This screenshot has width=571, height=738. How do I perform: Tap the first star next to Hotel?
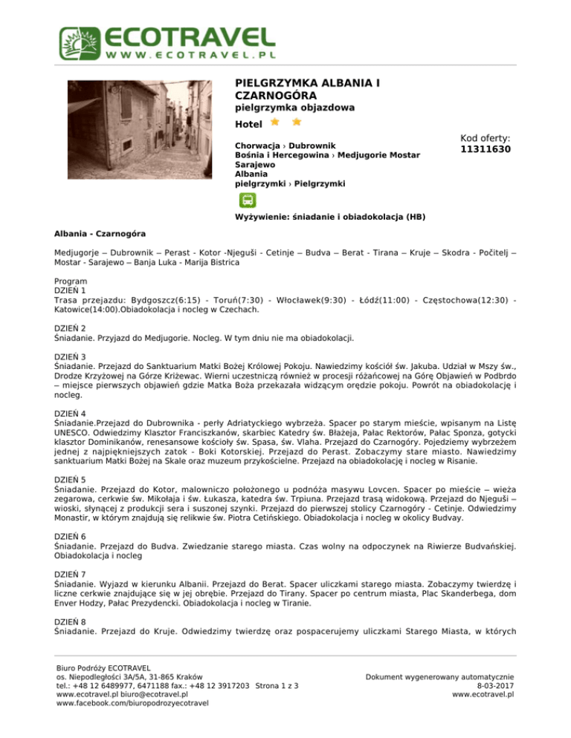[x=275, y=121]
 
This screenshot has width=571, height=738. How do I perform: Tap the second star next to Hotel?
[x=296, y=121]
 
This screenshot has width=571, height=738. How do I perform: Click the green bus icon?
[x=247, y=200]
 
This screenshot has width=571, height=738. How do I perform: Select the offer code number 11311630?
[x=485, y=149]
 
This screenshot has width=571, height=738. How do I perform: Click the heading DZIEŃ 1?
[x=71, y=292]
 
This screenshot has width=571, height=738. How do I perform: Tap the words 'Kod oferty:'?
[x=485, y=138]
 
